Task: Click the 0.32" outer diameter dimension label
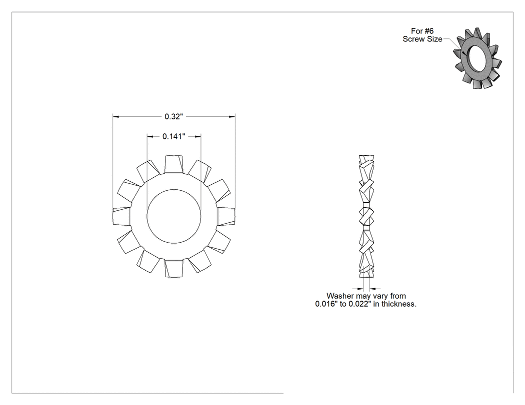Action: [174, 116]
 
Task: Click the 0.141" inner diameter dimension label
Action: [174, 136]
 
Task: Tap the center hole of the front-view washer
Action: [174, 216]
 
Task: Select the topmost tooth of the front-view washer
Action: [174, 164]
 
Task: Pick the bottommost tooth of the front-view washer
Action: [174, 268]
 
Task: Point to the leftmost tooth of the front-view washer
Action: [121, 216]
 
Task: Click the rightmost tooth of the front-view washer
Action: [226, 216]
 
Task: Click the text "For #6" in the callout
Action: [422, 31]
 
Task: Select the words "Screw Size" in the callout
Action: [422, 39]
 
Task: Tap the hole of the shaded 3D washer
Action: [476, 58]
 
